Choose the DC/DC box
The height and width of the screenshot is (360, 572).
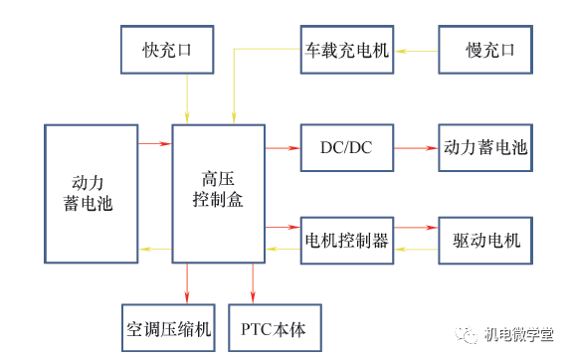pyautogui.click(x=346, y=148)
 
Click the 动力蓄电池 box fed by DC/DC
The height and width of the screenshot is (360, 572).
pyautogui.click(x=484, y=148)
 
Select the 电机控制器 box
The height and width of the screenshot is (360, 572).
pyautogui.click(x=346, y=240)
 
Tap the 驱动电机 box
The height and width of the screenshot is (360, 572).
pyautogui.click(x=484, y=240)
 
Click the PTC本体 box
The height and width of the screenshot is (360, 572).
pyautogui.click(x=275, y=327)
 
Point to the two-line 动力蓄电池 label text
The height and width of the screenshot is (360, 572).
pyautogui.click(x=92, y=193)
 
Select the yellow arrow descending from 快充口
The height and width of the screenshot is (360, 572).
pyautogui.click(x=186, y=99)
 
